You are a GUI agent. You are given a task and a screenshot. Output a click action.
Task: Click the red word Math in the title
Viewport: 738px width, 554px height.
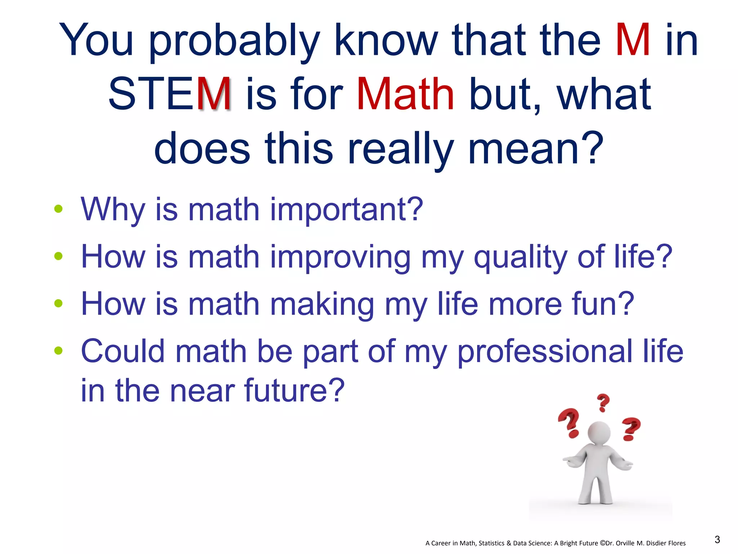coord(405,94)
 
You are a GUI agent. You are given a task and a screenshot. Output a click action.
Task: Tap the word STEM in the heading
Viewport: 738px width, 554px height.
coord(169,94)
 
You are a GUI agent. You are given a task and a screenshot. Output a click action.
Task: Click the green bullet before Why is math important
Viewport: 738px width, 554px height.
coord(58,209)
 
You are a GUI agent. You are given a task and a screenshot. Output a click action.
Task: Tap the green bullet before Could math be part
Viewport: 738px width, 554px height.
coord(58,350)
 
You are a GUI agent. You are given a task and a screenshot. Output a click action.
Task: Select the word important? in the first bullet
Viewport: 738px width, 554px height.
coord(346,210)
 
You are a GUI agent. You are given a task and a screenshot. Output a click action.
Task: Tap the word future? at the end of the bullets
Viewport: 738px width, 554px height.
coord(294,390)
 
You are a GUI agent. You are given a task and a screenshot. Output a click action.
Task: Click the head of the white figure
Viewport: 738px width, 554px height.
coord(599,432)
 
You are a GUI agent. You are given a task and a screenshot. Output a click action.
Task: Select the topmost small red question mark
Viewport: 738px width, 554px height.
coord(603,402)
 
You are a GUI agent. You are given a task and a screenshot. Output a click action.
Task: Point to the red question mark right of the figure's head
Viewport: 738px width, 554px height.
coord(631,429)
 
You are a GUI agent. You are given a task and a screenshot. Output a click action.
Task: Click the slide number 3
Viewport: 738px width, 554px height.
coord(717,540)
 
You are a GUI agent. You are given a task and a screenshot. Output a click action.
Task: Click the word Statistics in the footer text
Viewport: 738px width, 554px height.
coord(492,543)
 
